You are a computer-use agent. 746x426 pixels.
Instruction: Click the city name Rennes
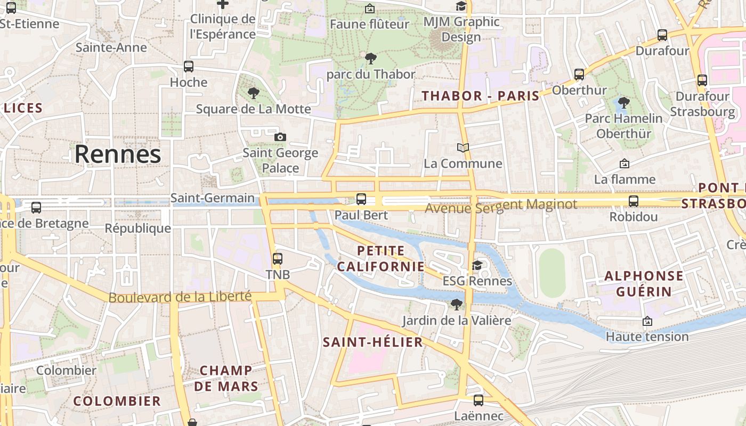[117, 154]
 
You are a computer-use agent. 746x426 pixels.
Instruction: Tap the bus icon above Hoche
[189, 67]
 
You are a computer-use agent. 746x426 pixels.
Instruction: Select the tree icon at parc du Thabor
[371, 58]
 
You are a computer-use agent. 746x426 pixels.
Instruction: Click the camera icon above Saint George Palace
[280, 137]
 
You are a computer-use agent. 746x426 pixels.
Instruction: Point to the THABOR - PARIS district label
[481, 96]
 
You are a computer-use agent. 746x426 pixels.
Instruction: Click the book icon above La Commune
[463, 148]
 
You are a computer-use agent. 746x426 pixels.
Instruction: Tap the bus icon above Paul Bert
[361, 199]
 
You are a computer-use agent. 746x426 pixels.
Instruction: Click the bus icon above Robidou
[633, 201]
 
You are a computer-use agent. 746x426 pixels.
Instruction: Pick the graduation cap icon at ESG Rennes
[477, 265]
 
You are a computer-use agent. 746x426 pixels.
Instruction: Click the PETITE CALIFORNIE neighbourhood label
[381, 258]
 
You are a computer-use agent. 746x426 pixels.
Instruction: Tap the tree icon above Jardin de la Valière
[456, 304]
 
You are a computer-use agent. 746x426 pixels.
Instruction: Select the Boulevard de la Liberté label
[180, 297]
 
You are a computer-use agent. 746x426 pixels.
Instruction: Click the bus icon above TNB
[278, 259]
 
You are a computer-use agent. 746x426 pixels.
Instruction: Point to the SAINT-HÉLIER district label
[373, 342]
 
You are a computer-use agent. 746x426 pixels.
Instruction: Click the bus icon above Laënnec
[479, 400]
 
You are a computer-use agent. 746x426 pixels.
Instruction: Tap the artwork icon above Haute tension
[647, 321]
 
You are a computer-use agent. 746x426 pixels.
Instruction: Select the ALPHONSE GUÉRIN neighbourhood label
[644, 283]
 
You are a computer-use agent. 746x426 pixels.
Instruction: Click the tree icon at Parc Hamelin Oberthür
[623, 102]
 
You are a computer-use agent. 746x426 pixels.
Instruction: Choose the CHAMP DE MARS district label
[226, 378]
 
